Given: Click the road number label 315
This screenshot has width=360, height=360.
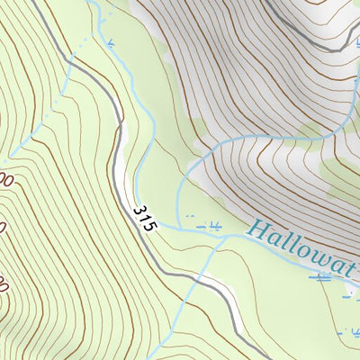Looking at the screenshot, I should coord(143,219).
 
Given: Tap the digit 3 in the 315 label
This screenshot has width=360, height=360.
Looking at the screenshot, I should coord(139,211).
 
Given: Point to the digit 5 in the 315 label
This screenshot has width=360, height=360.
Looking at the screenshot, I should coord(148,227).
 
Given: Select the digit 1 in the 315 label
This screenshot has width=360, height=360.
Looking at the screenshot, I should coord(143,219).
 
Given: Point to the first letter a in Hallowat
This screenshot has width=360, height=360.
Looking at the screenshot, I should coord(272,236).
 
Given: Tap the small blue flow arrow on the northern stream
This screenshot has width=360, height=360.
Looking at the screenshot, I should coord(109,42).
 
